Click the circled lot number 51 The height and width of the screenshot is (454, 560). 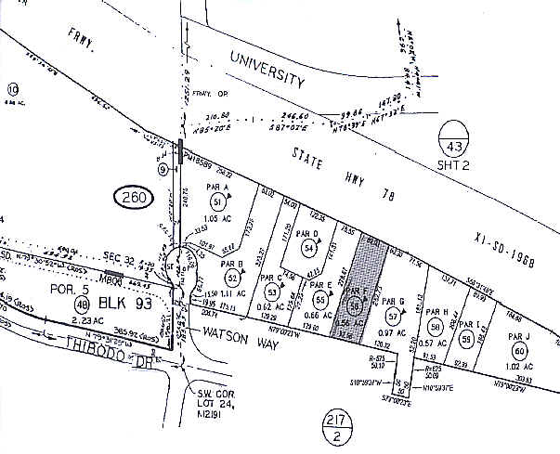217,201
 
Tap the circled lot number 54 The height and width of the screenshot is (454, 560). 307,248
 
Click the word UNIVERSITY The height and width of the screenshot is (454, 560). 267,70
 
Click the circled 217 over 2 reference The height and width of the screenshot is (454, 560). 336,423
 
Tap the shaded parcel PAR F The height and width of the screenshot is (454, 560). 357,287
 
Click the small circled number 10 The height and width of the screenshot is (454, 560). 13,89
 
